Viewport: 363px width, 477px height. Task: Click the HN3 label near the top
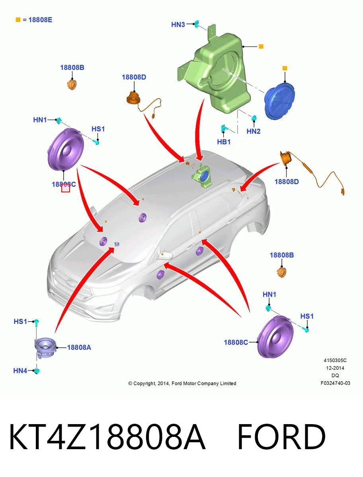coord(178,25)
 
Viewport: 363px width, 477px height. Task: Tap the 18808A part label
coord(79,347)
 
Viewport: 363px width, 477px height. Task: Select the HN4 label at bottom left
coord(20,371)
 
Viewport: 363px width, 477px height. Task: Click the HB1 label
coord(224,142)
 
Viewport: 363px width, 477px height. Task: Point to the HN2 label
coord(254,131)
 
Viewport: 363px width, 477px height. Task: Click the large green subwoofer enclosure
coord(214,72)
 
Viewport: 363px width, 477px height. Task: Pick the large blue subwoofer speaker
coord(279,101)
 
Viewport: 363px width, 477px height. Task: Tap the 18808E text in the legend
coord(40,20)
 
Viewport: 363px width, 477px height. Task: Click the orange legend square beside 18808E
coord(18,20)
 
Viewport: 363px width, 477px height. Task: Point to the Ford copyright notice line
coord(182,383)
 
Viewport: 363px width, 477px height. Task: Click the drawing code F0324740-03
coord(335,383)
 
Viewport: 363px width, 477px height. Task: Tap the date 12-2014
coord(335,368)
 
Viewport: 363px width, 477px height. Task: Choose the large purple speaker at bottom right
coord(275,337)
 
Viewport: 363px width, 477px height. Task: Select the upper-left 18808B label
coord(72,68)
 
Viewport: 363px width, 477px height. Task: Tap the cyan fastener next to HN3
coord(197,24)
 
